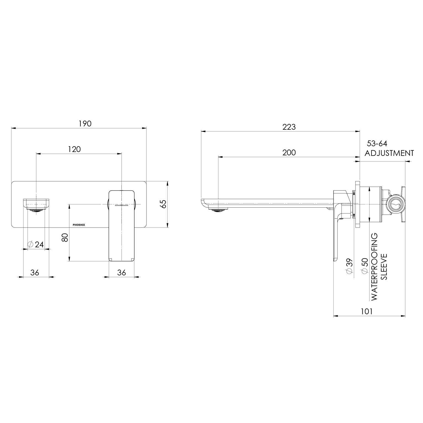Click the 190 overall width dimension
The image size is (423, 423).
tap(85, 124)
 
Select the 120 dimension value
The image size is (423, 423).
tap(74, 149)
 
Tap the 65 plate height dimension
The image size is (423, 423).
tap(163, 204)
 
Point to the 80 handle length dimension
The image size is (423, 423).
tap(65, 237)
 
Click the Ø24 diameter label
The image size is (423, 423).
tap(36, 244)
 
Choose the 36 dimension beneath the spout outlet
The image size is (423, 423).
tap(35, 273)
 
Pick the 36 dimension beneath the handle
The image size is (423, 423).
tap(121, 273)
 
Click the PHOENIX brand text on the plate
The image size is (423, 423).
tap(79, 225)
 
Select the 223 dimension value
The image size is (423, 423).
tap(289, 127)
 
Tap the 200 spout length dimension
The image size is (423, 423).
tap(289, 153)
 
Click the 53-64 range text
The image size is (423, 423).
tap(377, 144)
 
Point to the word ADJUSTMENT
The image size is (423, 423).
tap(389, 153)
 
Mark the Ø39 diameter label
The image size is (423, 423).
tap(349, 266)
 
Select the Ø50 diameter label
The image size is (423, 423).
tap(365, 266)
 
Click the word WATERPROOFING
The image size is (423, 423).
tap(375, 267)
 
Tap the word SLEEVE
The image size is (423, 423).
tap(384, 267)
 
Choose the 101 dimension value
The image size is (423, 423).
tap(367, 311)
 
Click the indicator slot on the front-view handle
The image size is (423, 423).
tap(121, 205)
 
